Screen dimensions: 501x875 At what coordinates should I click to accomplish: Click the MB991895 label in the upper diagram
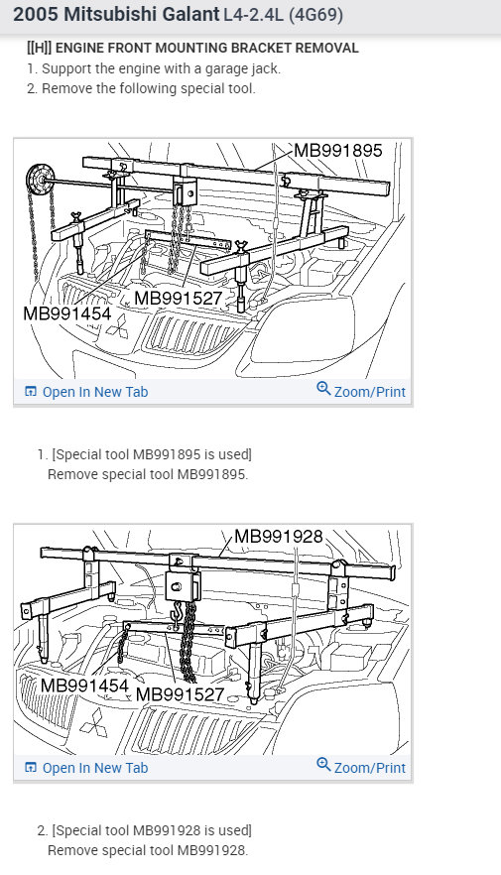(x=338, y=150)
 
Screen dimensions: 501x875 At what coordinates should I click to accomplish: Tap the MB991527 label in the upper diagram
(x=179, y=298)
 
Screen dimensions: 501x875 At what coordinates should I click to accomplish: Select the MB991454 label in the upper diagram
(x=67, y=313)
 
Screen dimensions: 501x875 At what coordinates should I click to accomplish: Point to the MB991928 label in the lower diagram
(x=279, y=537)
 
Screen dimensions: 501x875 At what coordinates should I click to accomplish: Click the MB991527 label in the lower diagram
(x=181, y=694)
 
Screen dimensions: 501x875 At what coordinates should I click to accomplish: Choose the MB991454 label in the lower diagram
(x=84, y=685)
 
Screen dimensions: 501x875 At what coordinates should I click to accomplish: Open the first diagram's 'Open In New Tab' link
(x=86, y=392)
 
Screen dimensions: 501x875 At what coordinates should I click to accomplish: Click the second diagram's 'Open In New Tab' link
(x=86, y=768)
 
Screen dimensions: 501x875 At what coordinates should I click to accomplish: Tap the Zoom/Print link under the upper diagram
(x=361, y=391)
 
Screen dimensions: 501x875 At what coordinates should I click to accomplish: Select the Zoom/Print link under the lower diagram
(x=361, y=767)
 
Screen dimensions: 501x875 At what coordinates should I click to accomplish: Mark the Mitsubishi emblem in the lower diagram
(x=93, y=722)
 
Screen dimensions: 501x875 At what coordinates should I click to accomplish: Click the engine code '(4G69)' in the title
(x=315, y=15)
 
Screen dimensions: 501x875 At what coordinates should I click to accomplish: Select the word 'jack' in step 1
(x=267, y=69)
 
